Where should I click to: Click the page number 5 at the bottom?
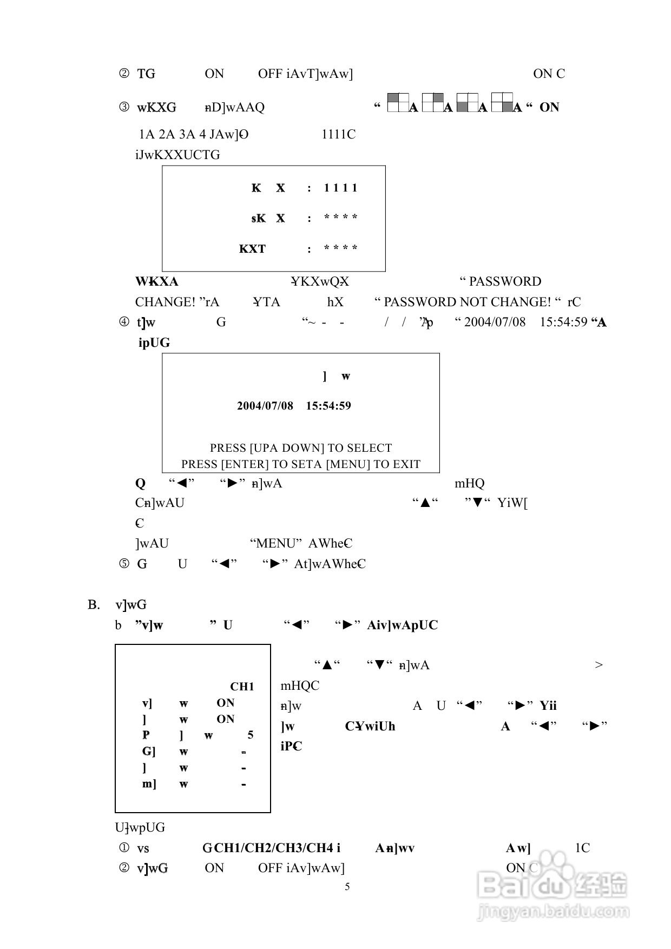coord(347,886)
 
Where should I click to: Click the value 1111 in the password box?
coord(340,188)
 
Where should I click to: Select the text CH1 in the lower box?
coord(242,687)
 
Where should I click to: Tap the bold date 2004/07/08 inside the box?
coord(265,406)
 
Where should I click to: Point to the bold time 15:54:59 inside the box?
coord(328,406)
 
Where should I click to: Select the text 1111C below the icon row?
coord(338,134)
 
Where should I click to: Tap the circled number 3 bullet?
coord(124,107)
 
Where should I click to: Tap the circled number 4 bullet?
coord(124,322)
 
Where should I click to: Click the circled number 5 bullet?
coord(124,564)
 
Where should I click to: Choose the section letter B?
coord(94,604)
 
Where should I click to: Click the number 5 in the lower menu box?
coord(250,735)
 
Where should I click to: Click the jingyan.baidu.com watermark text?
coord(552,912)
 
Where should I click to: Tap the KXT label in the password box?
coord(252,249)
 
